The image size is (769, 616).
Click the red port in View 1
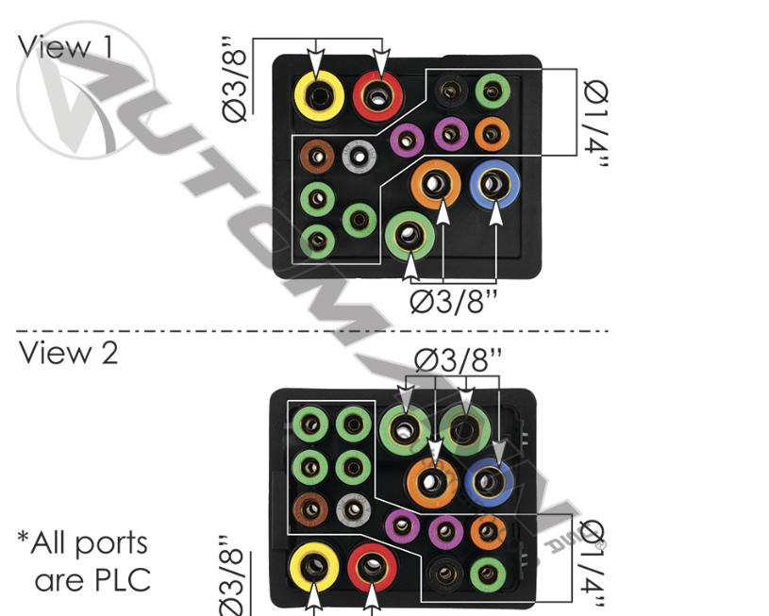378,95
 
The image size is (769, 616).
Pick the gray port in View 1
359,155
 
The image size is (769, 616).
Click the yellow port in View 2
314,567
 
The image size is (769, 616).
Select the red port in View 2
372,568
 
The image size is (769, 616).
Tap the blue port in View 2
489,479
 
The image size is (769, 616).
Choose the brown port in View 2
311,508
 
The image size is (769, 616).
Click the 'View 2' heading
68,354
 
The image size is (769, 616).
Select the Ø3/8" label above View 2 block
459,359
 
